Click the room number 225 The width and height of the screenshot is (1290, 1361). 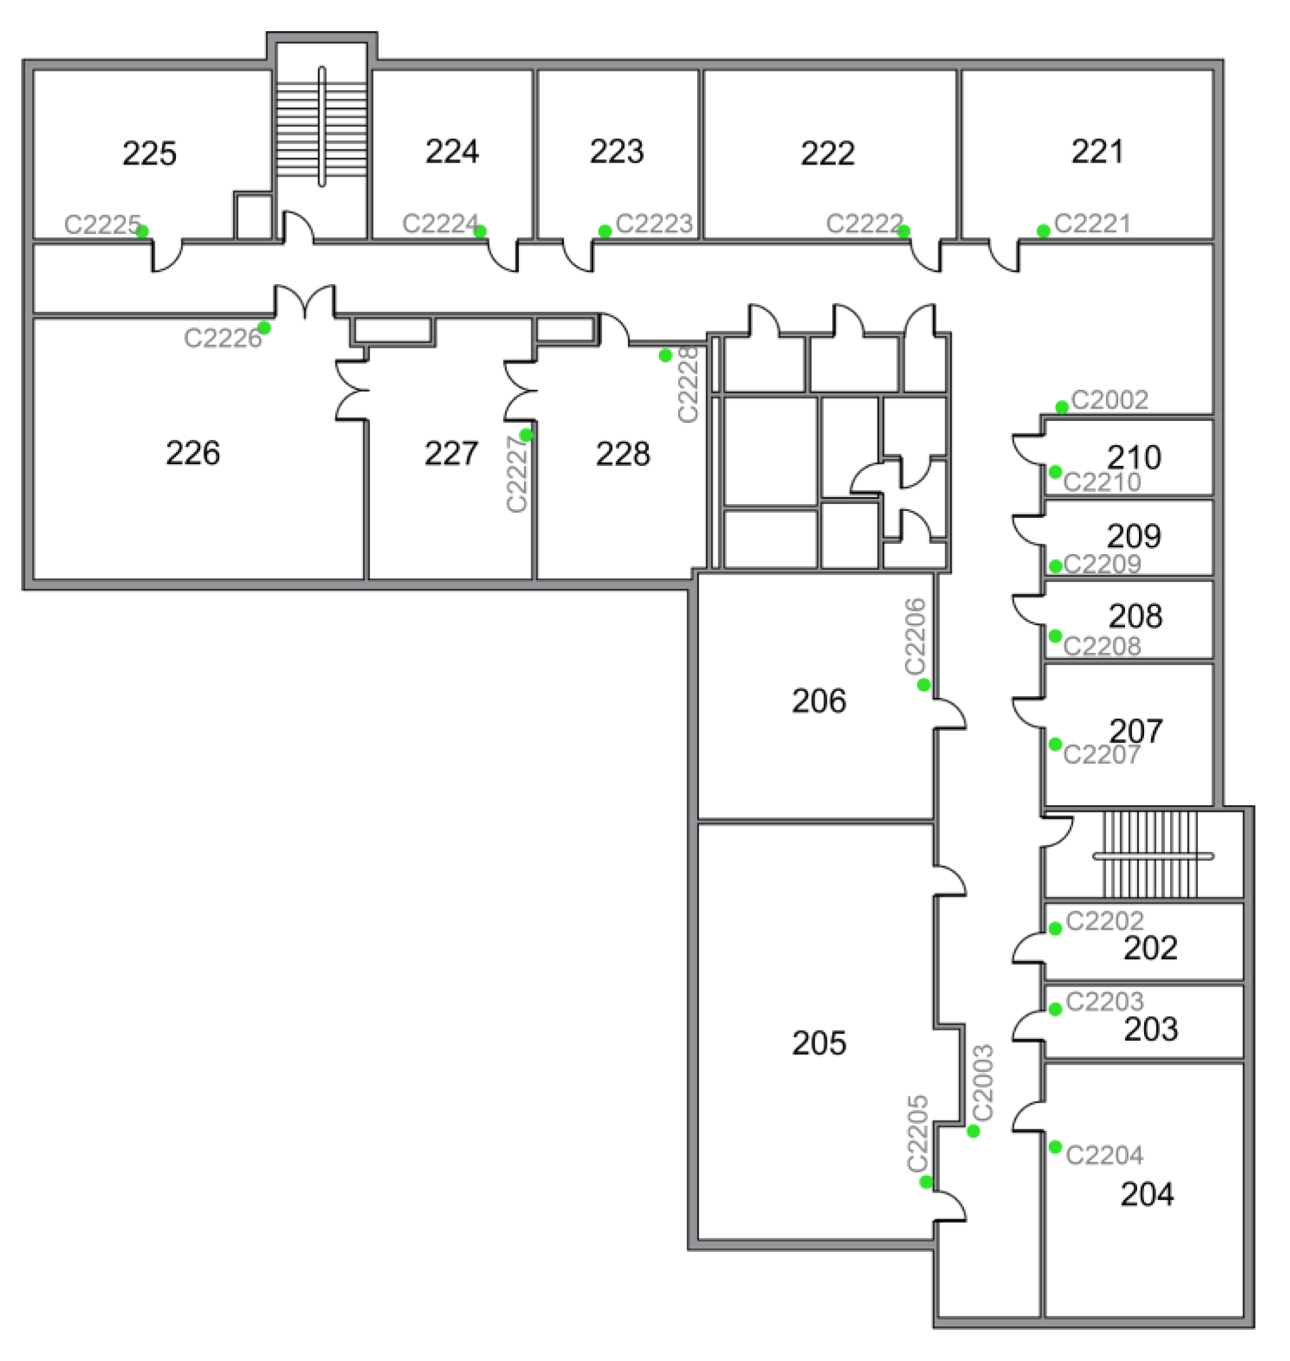point(149,153)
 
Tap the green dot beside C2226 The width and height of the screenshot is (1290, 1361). point(264,328)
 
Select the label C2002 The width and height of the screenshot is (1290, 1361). point(1109,400)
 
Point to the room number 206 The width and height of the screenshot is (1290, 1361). point(818,701)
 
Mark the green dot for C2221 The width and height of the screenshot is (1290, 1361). point(1043,231)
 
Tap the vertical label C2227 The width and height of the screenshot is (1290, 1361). point(517,474)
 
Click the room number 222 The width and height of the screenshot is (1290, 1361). point(827,153)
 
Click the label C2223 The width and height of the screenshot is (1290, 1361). point(654,224)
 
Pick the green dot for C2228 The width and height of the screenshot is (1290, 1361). point(665,356)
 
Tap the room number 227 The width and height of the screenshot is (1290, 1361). point(450,453)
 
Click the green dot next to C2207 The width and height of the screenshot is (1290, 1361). point(1055,744)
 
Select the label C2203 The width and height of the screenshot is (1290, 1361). point(1104,1001)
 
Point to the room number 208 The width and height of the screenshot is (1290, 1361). point(1135,615)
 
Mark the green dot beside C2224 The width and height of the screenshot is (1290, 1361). point(481,231)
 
